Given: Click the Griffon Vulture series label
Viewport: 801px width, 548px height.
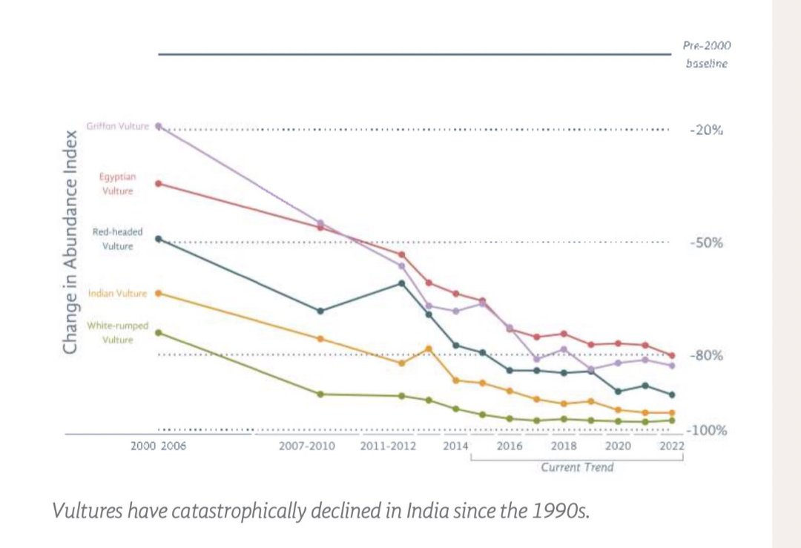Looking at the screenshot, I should click(x=117, y=126).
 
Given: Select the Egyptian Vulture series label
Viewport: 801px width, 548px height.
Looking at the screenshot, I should click(x=117, y=184).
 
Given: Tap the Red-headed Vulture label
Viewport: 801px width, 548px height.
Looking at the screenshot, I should click(x=117, y=239).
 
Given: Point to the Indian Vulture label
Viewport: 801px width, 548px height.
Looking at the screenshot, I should click(x=117, y=294).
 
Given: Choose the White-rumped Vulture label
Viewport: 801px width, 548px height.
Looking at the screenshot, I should click(x=117, y=332).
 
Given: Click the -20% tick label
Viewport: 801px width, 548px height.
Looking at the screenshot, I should click(x=706, y=130).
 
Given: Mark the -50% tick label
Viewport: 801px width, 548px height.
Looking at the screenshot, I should click(x=706, y=243).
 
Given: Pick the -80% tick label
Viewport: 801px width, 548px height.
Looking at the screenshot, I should click(x=706, y=355).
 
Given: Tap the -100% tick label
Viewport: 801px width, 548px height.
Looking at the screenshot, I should click(x=706, y=431).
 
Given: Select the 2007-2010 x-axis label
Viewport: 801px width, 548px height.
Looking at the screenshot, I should click(x=307, y=446).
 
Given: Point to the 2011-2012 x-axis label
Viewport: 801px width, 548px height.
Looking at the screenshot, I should click(x=389, y=446).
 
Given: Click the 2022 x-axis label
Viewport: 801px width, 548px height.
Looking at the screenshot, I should click(x=671, y=446).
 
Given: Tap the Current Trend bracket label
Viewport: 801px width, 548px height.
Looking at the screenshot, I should click(x=577, y=467).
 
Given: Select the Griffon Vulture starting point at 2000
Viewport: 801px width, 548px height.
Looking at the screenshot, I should click(x=158, y=127).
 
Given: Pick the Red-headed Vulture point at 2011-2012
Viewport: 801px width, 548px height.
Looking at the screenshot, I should click(x=402, y=283).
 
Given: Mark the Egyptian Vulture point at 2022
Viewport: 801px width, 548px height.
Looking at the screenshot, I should click(x=672, y=355).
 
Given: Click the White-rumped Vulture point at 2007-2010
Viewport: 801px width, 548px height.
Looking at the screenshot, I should click(x=320, y=394).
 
